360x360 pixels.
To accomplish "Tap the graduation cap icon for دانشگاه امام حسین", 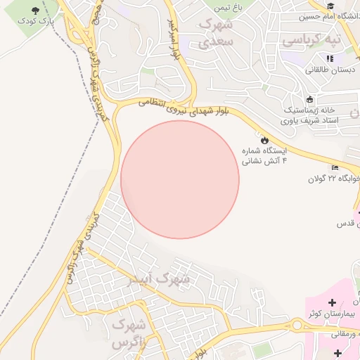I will (330, 6).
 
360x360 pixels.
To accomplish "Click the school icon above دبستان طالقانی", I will (330, 58).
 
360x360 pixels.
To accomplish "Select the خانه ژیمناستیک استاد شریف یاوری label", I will (310, 116).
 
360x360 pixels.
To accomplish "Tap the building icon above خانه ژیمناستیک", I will (310, 99).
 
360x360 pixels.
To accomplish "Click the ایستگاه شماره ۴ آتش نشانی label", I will (264, 155).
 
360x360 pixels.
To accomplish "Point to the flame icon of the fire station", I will (264, 140).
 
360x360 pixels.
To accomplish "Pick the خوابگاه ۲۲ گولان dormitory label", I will (333, 179).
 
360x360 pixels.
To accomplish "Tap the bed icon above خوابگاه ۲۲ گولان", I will (335, 167).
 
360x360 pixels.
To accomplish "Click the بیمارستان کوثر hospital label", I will (331, 314).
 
